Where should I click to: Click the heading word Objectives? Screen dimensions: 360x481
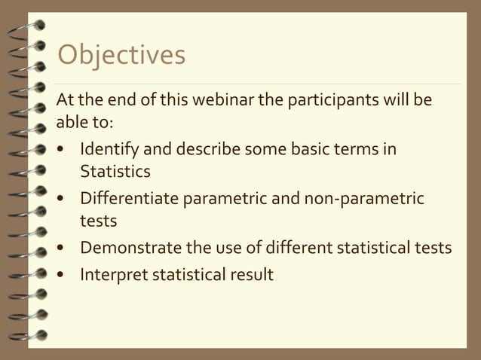pos(121,56)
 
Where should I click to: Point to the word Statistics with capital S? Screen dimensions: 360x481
pos(115,172)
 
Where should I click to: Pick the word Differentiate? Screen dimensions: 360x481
pos(124,199)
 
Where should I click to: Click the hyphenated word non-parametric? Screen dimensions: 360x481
pos(364,199)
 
